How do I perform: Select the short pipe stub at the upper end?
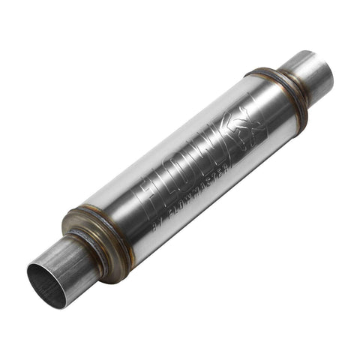(x=307, y=75)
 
